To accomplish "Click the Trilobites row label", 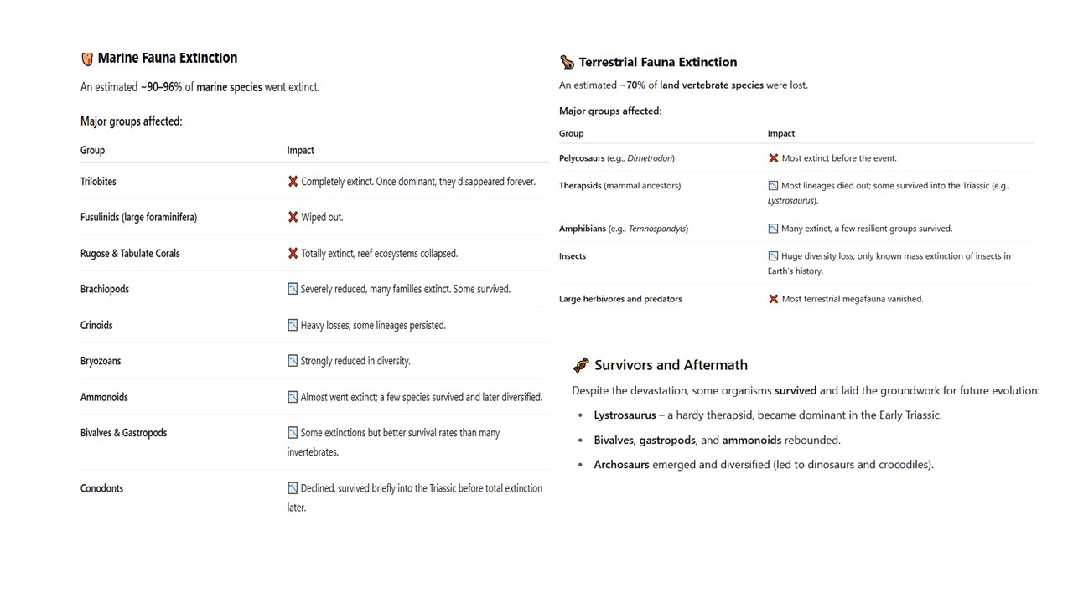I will [98, 181].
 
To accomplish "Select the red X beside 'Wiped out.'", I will [293, 217].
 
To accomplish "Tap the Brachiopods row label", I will [105, 289].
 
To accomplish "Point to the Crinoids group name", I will [96, 325].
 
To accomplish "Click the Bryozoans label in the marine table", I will [101, 361].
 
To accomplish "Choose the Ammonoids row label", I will [104, 397].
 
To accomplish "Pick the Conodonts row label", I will [101, 488].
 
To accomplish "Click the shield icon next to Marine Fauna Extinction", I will [87, 59].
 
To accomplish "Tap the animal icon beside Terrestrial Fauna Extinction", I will [568, 62].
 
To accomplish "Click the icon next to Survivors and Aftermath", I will [581, 365].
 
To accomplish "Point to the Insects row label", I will [573, 256].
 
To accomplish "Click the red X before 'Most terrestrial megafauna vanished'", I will [773, 299].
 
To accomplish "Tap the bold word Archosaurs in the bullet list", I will [621, 465].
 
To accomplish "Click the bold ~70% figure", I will [633, 85].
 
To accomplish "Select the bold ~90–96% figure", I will [161, 87].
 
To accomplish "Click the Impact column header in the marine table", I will [300, 151].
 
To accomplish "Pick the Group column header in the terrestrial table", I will [571, 133].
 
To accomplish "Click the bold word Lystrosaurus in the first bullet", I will [625, 415].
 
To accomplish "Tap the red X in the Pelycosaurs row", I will [773, 158].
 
